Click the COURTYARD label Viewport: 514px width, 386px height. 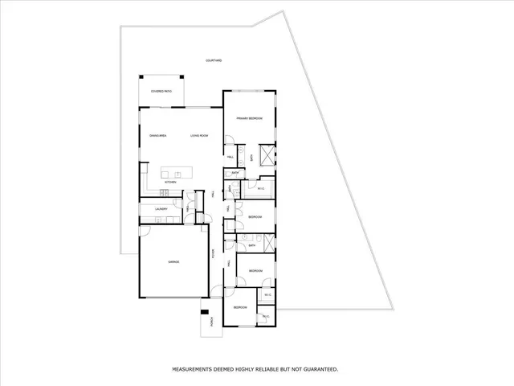[214, 60]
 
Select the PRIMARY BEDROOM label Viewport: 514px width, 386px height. [250, 118]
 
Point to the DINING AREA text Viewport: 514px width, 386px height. [157, 136]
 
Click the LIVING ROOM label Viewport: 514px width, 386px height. [199, 136]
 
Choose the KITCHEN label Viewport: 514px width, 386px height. [170, 183]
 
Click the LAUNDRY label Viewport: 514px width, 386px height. [161, 210]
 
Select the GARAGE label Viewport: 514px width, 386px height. [173, 262]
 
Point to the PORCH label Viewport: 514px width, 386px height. [212, 322]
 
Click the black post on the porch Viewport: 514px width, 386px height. [204, 312]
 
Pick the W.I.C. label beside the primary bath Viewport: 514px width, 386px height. [260, 189]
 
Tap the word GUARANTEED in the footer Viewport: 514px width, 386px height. [318, 369]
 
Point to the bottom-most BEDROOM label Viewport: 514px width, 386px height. [239, 308]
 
